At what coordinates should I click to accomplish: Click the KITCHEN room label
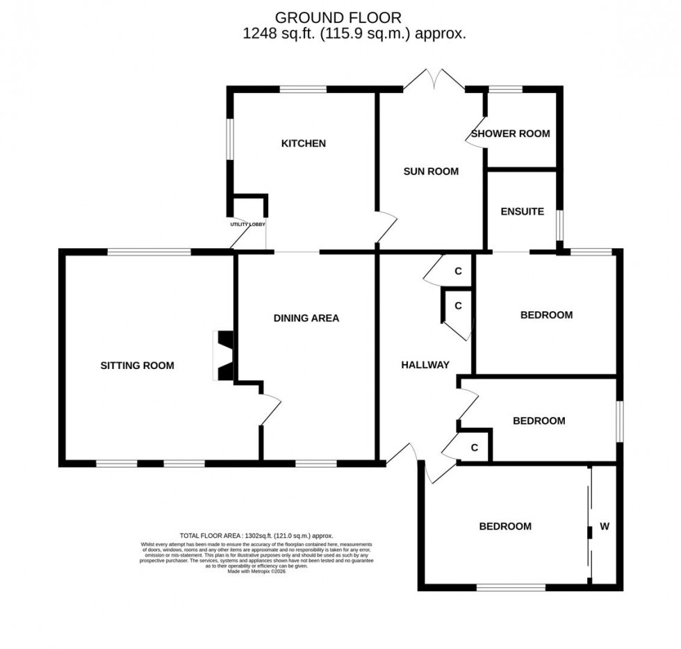coord(303,144)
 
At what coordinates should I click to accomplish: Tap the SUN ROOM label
coord(432,171)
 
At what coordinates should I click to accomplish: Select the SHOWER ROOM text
coord(511,133)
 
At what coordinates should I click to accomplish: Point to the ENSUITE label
coord(523,211)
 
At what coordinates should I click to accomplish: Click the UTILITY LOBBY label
coord(248,224)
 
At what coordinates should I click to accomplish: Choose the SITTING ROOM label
coord(137,365)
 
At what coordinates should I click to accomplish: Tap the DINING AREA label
coord(306,318)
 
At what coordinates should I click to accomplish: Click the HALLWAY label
coord(425,365)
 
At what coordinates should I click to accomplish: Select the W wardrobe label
coord(605,527)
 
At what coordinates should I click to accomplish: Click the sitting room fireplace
coord(224,356)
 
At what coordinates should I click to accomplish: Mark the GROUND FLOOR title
coord(338,17)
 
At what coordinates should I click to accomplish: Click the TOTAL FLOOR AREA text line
coord(256,536)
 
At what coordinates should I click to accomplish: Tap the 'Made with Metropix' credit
coord(256,571)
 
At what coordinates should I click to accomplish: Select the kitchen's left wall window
coord(228,141)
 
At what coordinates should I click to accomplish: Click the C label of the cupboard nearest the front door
coord(475,448)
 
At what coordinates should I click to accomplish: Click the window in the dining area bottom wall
coord(316,463)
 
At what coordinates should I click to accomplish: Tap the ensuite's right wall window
coord(559,224)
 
